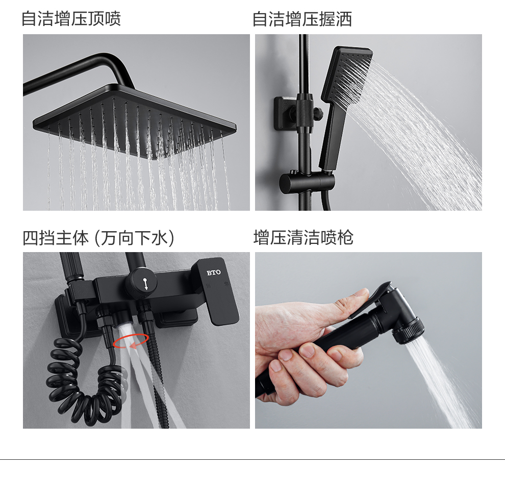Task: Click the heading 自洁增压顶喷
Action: pyautogui.click(x=71, y=19)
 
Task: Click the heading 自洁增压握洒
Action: pyautogui.click(x=302, y=19)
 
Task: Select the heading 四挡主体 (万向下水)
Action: pyautogui.click(x=98, y=238)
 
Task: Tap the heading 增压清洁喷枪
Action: pyautogui.click(x=304, y=237)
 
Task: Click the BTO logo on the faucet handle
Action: pyautogui.click(x=214, y=273)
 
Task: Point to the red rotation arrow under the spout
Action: pyautogui.click(x=131, y=341)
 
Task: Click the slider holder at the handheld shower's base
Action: pyautogui.click(x=307, y=182)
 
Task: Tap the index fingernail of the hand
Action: pyautogui.click(x=307, y=350)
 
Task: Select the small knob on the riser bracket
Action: pyautogui.click(x=318, y=112)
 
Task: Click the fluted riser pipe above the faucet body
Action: pyautogui.click(x=71, y=266)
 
